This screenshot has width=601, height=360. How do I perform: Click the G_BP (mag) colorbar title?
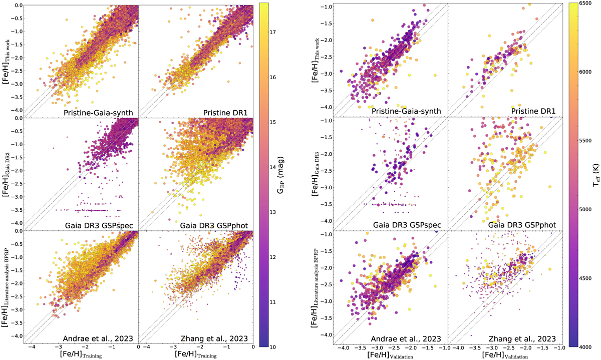(290, 175)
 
